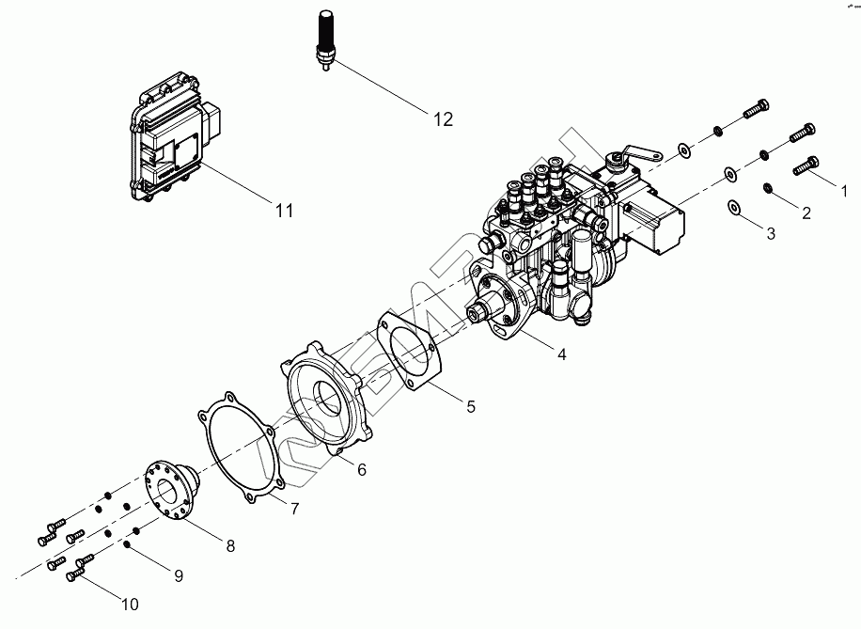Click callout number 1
843,191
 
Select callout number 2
806,212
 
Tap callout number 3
770,233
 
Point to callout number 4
561,354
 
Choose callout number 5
471,406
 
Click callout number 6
361,470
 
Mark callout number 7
293,509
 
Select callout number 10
130,605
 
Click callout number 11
285,211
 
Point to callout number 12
443,119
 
